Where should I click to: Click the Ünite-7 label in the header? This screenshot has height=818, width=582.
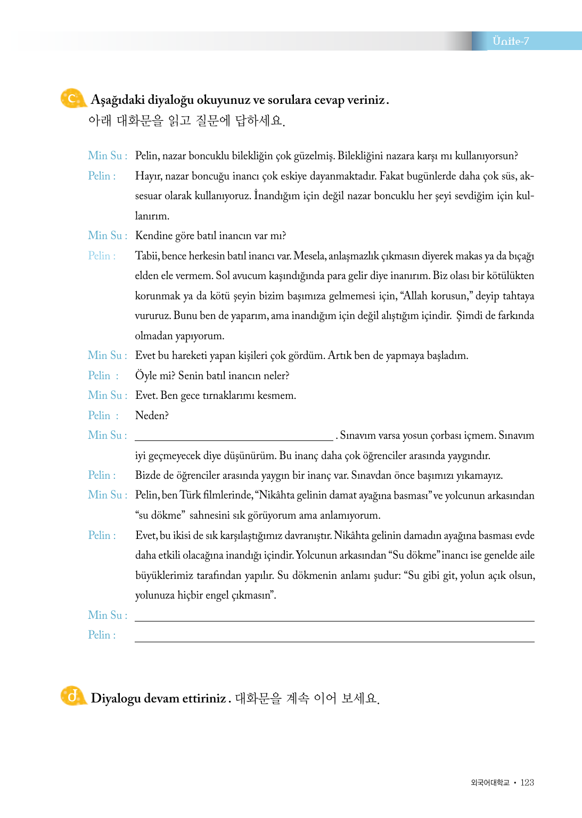(510, 41)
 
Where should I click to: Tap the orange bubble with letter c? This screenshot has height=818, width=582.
(72, 99)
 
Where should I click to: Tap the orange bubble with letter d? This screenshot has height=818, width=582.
(72, 696)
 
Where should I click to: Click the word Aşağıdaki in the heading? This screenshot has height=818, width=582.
(117, 100)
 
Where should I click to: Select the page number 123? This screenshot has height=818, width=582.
(527, 782)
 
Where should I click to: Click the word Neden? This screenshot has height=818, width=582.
(152, 415)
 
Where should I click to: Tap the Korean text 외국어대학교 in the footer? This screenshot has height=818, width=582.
(490, 782)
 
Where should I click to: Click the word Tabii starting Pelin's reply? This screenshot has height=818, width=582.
(146, 256)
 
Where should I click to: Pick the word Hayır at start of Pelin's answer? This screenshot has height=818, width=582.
(147, 176)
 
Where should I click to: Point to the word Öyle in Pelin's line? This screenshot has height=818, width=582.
(146, 375)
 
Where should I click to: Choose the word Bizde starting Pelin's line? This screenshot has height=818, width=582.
(149, 475)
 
